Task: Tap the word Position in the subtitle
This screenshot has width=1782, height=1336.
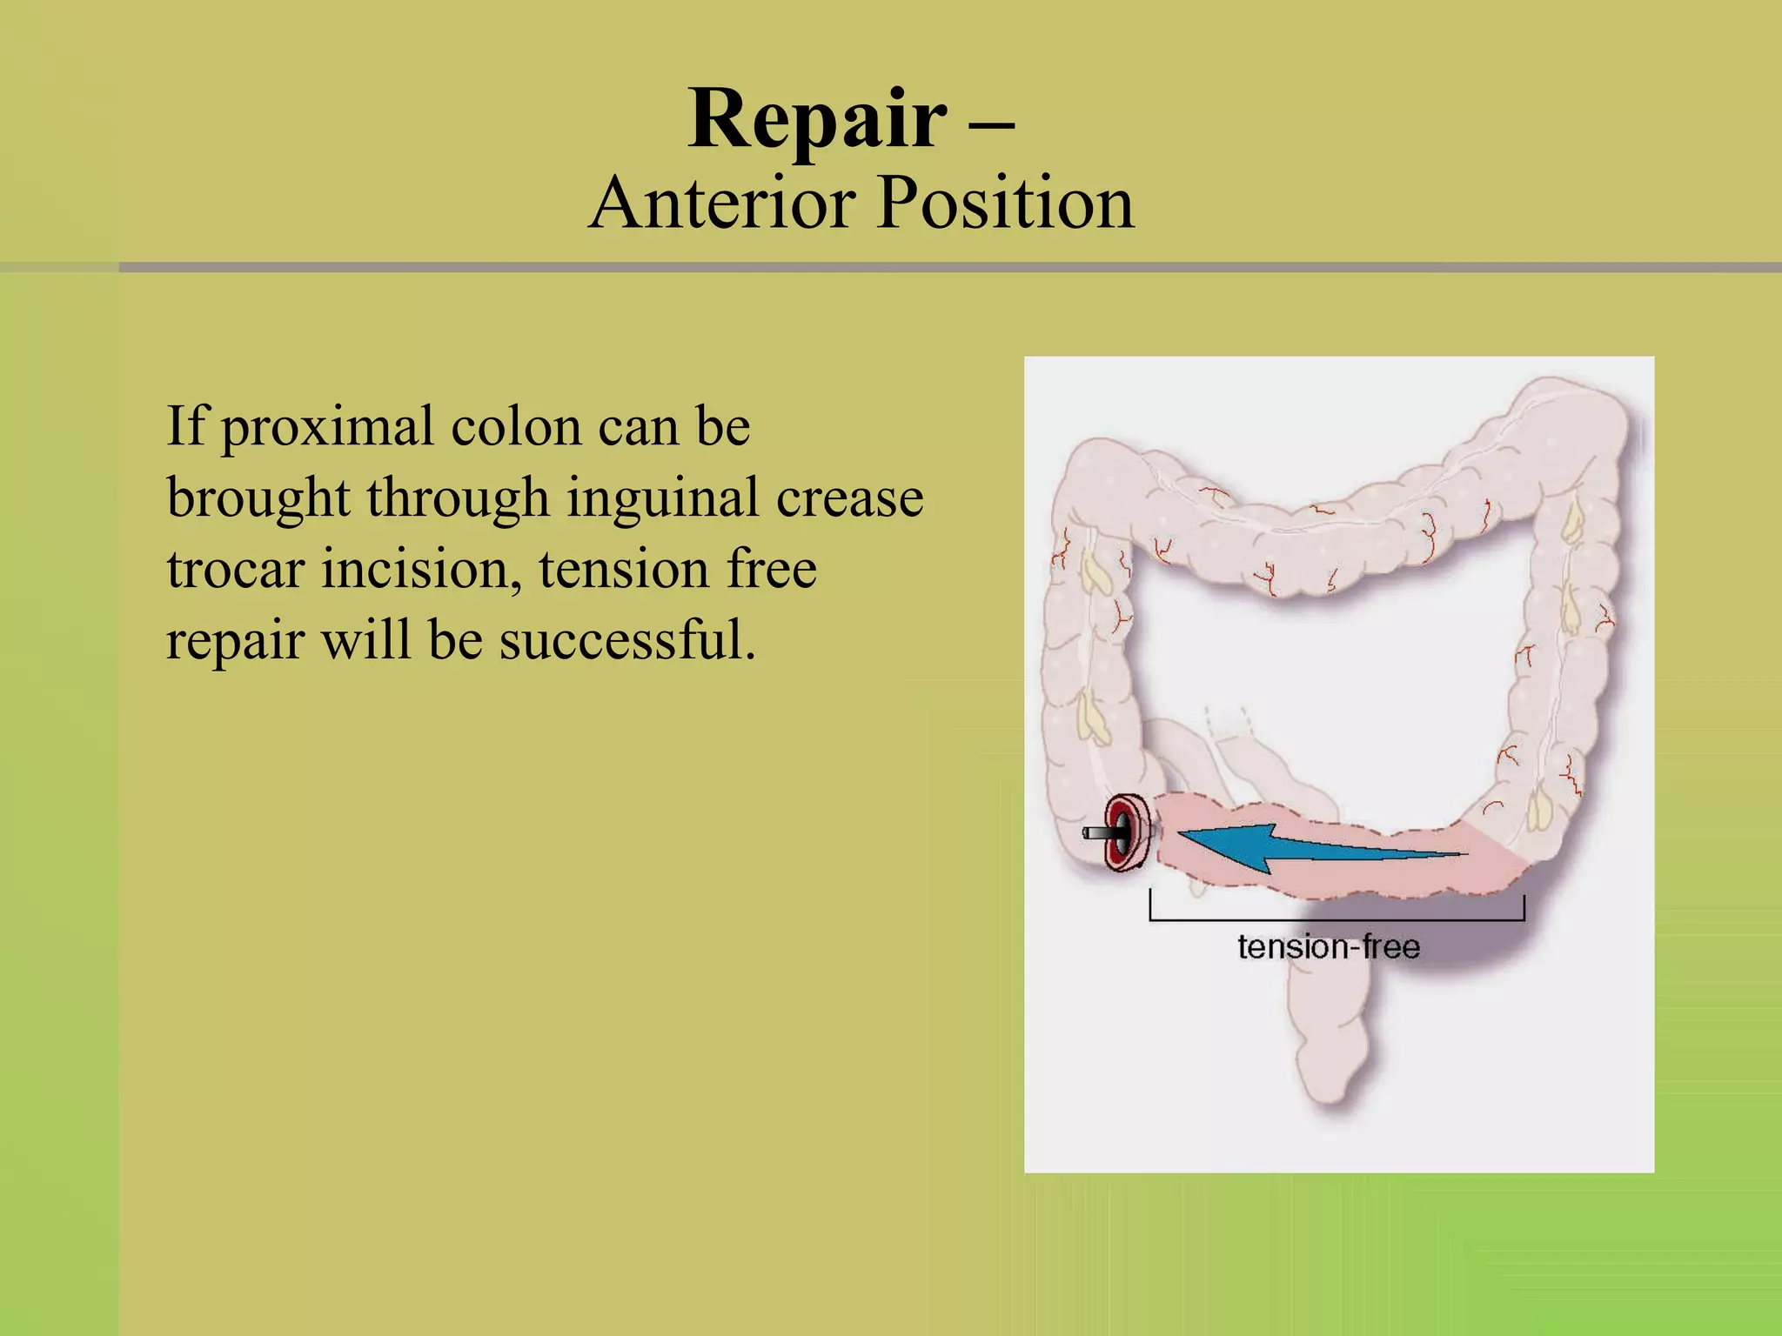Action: (x=1005, y=204)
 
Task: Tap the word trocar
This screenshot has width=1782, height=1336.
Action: (x=236, y=570)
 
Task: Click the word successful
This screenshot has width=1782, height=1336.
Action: (x=626, y=641)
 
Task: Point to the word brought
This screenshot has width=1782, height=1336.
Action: (x=258, y=500)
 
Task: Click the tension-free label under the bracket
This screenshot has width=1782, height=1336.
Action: (x=1328, y=947)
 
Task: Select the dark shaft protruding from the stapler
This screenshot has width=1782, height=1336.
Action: (x=1098, y=833)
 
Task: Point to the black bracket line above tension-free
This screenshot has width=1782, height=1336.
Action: (x=1336, y=918)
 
